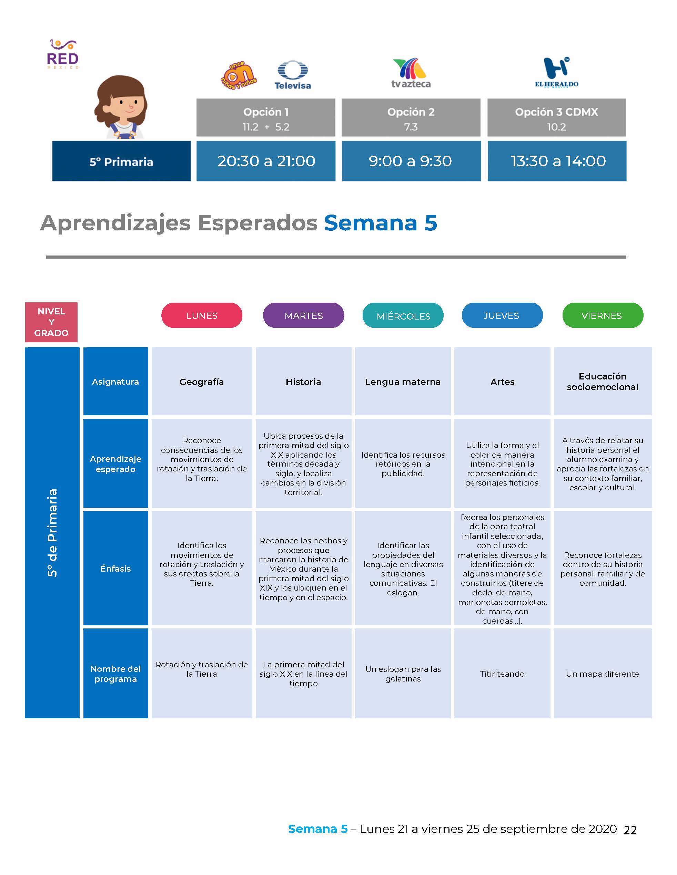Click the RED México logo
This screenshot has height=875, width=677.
[x=63, y=54]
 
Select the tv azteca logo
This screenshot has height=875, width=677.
[x=411, y=73]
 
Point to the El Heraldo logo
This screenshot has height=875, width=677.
[x=557, y=73]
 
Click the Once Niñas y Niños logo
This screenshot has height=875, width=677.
[x=239, y=75]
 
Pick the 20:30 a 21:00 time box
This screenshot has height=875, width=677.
[x=266, y=161]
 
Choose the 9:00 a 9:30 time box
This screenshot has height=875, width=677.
[x=411, y=161]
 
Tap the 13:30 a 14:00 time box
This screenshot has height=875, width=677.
[x=557, y=161]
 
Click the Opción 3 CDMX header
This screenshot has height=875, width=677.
[x=557, y=118]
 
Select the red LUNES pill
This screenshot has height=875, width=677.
[x=202, y=315]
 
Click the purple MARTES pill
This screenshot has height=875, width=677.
[x=304, y=315]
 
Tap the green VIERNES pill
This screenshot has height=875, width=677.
[x=603, y=315]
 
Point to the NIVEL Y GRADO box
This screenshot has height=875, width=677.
[x=51, y=322]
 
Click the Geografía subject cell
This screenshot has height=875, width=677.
[x=202, y=382]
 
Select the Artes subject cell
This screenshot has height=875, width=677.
[x=502, y=382]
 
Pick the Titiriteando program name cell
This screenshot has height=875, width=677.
[x=502, y=674]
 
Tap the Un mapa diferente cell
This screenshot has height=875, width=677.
[x=603, y=674]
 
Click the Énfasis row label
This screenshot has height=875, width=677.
[x=115, y=568]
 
